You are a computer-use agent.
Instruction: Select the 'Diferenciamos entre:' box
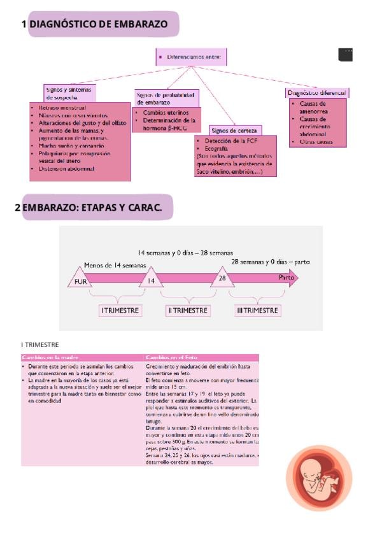[190, 57]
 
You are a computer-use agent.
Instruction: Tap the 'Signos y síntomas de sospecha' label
[69, 93]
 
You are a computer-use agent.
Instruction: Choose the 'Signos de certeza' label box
[235, 131]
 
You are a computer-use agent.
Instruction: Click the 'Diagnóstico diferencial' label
[316, 93]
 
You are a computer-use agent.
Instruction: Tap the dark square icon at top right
[346, 55]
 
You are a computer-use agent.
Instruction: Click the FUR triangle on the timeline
[80, 280]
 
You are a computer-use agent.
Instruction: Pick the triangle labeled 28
[222, 278]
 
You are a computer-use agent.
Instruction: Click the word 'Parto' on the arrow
[286, 278]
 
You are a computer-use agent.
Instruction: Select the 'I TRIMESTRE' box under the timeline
[120, 310]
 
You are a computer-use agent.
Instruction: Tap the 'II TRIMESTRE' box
[188, 310]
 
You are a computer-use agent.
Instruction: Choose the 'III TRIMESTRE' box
[257, 310]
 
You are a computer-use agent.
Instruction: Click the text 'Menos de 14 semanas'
[115, 265]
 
